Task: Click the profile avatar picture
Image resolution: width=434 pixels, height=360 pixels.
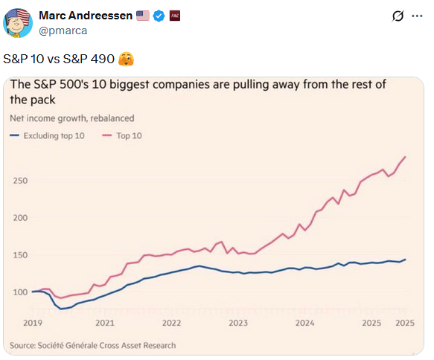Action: pyautogui.click(x=19, y=23)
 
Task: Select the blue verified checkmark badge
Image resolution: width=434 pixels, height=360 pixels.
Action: pyautogui.click(x=159, y=16)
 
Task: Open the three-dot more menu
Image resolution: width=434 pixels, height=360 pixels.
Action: pyautogui.click(x=415, y=16)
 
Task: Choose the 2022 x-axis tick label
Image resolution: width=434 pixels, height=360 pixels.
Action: pyautogui.click(x=172, y=323)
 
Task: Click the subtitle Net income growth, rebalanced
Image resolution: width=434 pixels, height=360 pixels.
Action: pyautogui.click(x=71, y=118)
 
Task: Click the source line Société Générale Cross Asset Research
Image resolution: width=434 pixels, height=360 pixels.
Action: pyautogui.click(x=93, y=345)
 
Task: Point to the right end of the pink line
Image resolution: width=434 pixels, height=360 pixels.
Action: pyautogui.click(x=406, y=157)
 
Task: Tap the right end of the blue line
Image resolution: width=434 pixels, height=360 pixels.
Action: pyautogui.click(x=406, y=260)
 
